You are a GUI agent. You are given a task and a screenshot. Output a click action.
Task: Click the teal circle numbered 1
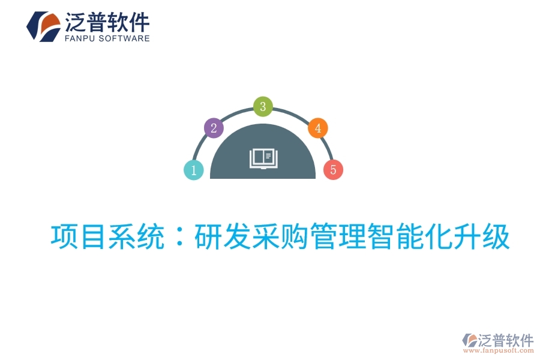click(194, 170)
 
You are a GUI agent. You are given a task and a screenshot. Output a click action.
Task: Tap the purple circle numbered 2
click(214, 128)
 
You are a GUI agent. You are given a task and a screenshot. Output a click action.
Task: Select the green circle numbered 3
click(263, 107)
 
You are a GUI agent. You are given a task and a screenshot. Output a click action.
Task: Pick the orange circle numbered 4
click(318, 128)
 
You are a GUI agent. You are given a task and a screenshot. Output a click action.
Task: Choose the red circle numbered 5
click(333, 170)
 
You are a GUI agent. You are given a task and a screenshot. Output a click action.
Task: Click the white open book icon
click(263, 158)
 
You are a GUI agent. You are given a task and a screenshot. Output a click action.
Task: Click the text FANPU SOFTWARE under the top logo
click(106, 38)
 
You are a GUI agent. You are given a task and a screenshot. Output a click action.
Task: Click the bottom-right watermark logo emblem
click(469, 340)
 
